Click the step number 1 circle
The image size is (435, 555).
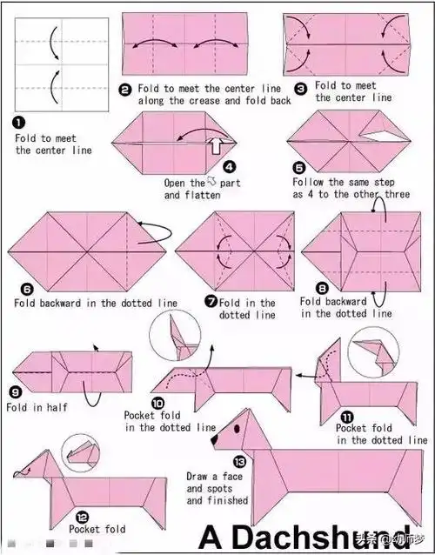pyautogui.click(x=19, y=123)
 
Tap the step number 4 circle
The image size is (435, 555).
pyautogui.click(x=230, y=167)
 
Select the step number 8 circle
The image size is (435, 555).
pyautogui.click(x=322, y=289)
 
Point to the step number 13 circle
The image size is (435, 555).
pyautogui.click(x=239, y=462)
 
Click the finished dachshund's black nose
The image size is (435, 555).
pyautogui.click(x=215, y=440)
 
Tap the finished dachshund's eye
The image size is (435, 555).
pyautogui.click(x=237, y=429)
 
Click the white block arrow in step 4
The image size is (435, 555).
pyautogui.click(x=217, y=145)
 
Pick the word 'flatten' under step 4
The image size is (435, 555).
pyautogui.click(x=203, y=195)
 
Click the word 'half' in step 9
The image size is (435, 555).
pyautogui.click(x=57, y=407)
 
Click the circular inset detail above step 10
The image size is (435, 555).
pyautogui.click(x=175, y=335)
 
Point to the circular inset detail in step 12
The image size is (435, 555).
pyautogui.click(x=81, y=453)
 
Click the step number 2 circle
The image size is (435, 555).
pyautogui.click(x=124, y=90)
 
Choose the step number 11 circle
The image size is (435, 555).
pyautogui.click(x=347, y=418)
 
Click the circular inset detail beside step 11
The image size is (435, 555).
pyautogui.click(x=373, y=353)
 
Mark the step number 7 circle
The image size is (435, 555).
pyautogui.click(x=211, y=302)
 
